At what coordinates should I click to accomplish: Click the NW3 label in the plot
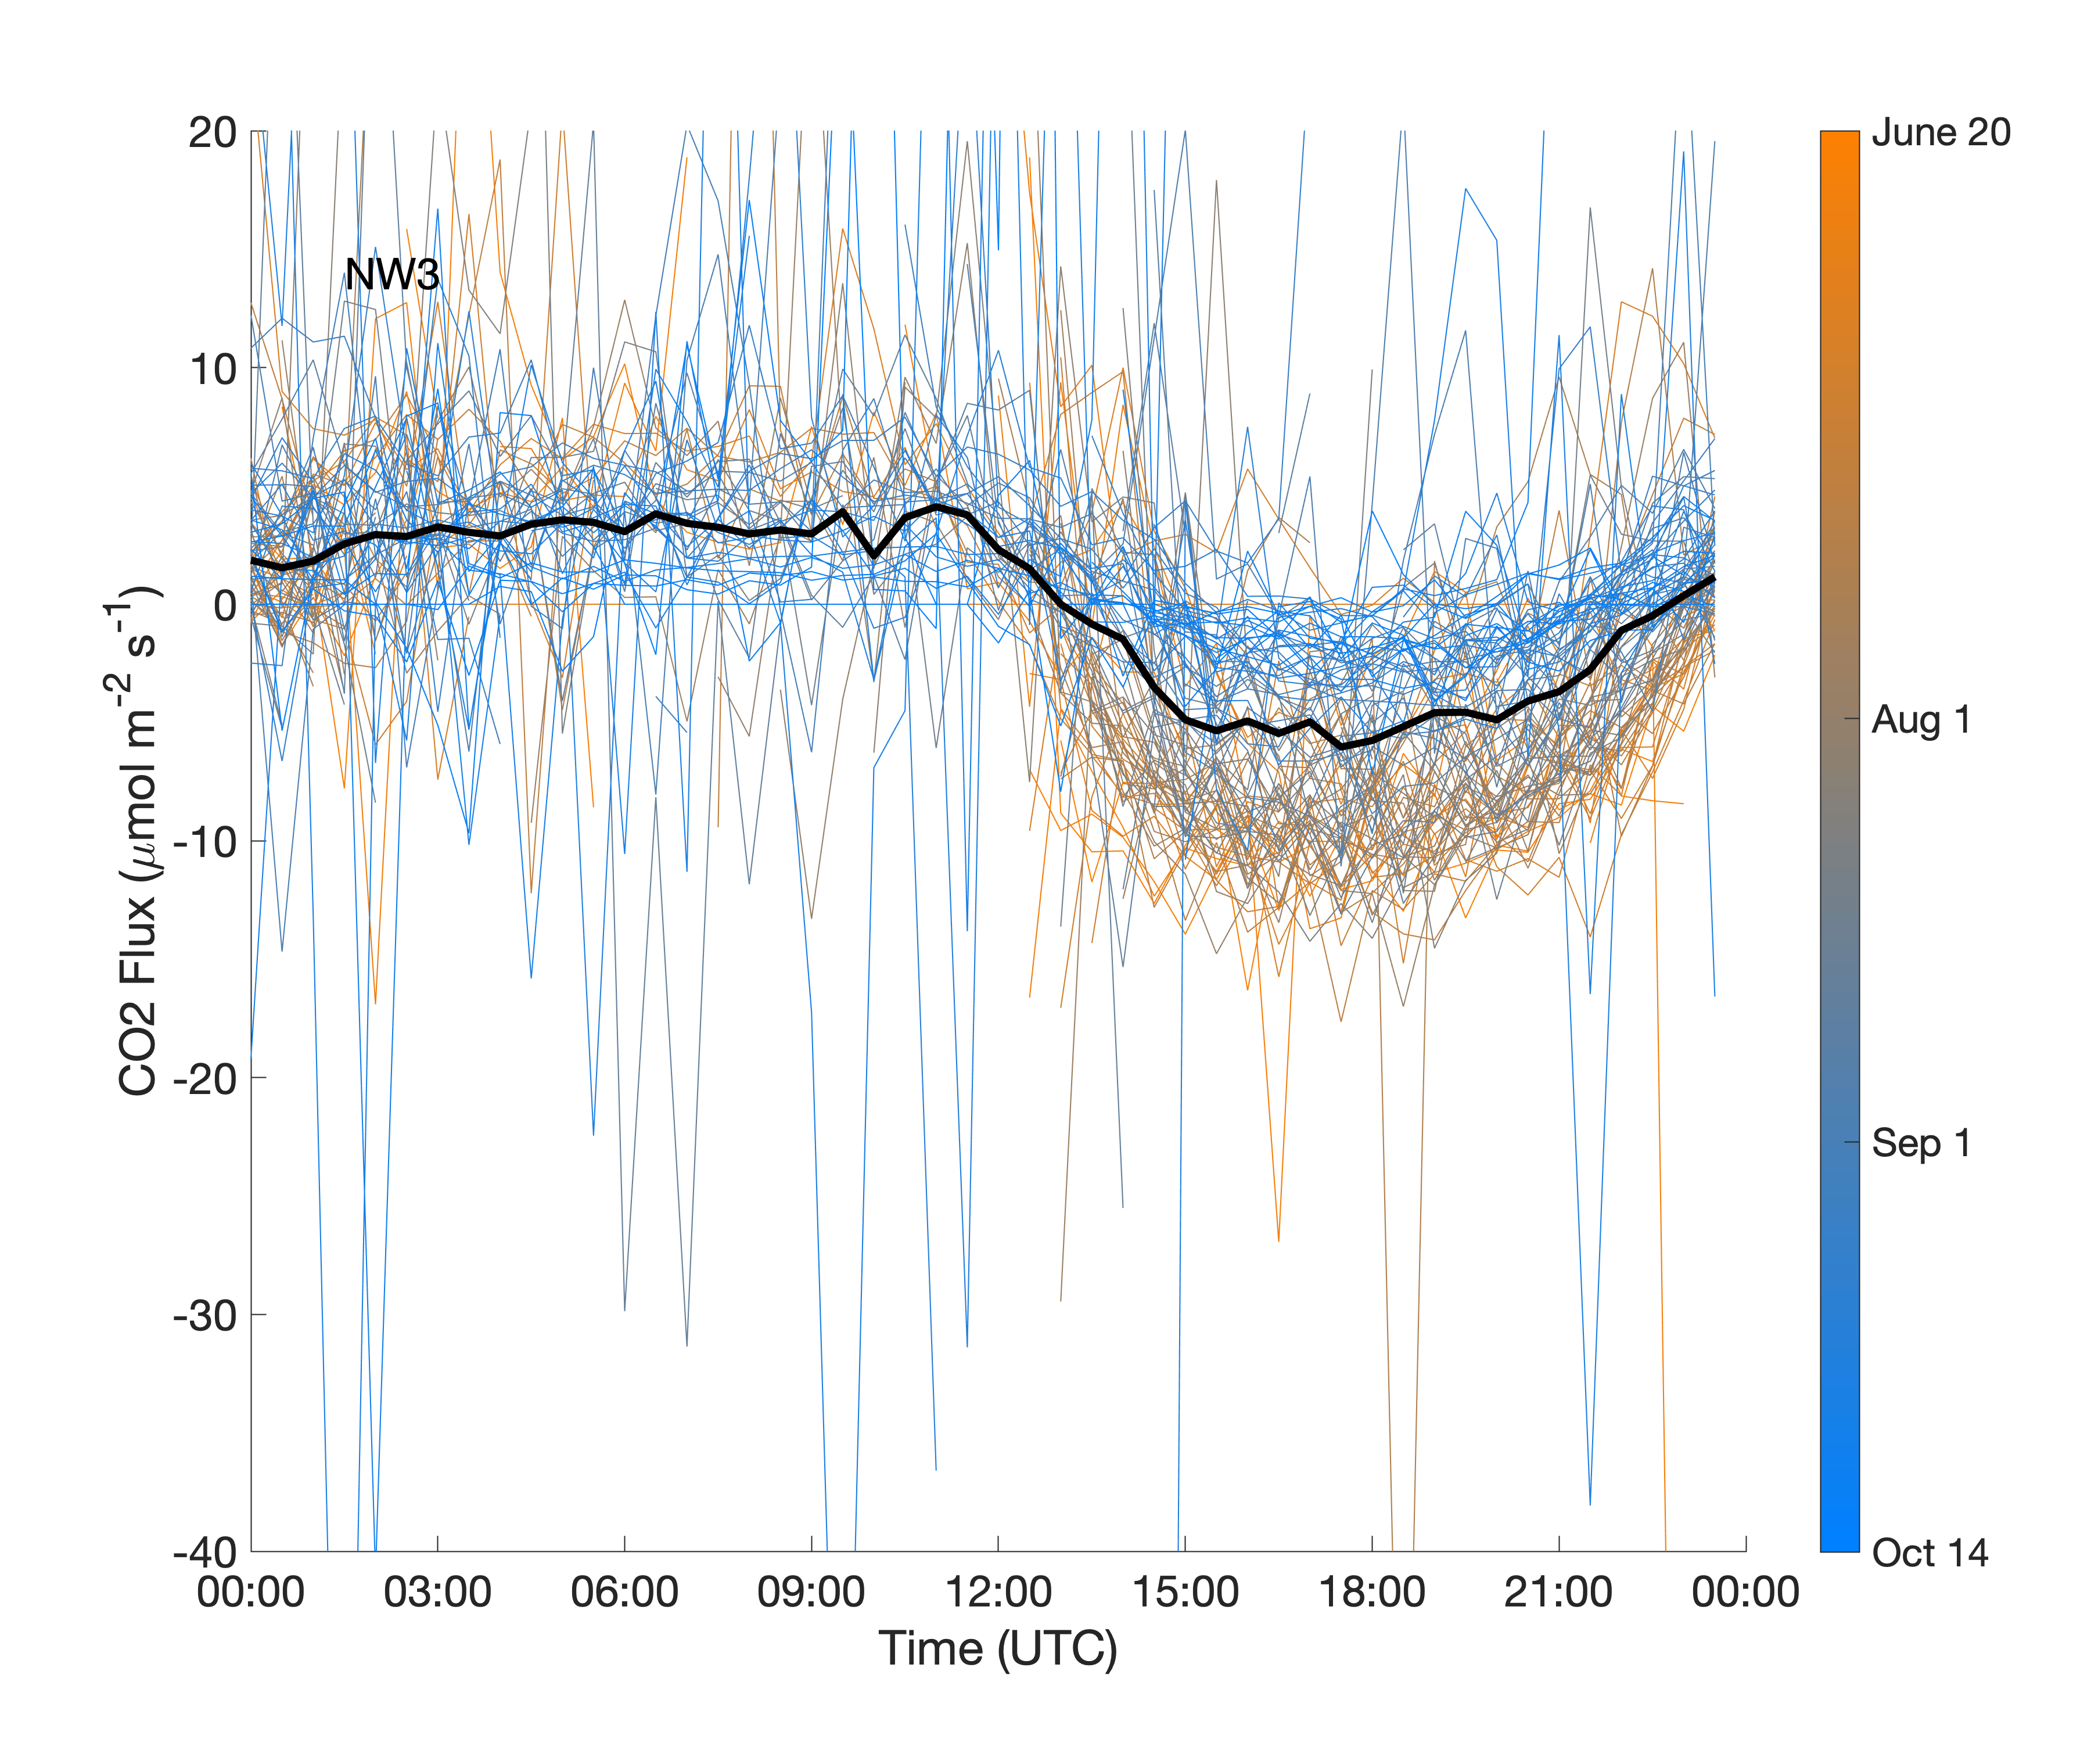click(x=391, y=275)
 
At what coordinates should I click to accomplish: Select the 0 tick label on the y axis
click(x=224, y=605)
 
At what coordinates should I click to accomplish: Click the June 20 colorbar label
click(x=1941, y=132)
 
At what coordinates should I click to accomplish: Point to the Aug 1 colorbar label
click(x=1921, y=719)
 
